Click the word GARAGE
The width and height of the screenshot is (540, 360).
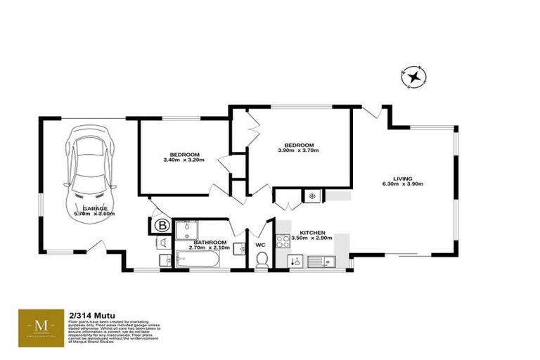95,208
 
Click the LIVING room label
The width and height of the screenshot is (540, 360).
403,179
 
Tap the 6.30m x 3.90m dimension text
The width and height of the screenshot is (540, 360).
403,184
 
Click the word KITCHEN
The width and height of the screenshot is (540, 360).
312,232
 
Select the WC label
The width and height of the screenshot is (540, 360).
260,245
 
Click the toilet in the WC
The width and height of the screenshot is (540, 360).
262,260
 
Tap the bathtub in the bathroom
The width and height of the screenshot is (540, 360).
198,260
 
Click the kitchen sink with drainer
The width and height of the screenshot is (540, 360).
321,262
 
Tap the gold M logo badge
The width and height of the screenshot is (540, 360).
41,326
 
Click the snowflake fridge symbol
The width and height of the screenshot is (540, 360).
311,195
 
